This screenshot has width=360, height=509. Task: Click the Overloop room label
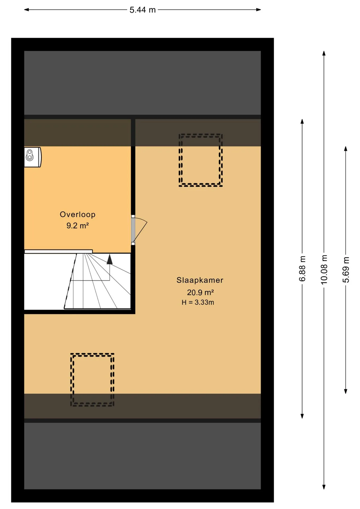pos(77,214)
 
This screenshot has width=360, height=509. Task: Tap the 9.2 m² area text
pos(77,226)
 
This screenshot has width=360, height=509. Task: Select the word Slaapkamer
pos(200,280)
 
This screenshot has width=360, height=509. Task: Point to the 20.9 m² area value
pos(200,292)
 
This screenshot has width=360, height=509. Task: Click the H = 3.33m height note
pos(198,302)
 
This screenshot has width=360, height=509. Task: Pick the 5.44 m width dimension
pos(143,10)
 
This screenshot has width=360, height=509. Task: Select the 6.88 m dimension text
pos(302,269)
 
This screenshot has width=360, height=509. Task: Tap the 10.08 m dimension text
pos(324,270)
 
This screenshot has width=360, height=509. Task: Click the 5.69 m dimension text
pos(346,270)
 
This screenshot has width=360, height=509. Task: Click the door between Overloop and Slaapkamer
pos(138,230)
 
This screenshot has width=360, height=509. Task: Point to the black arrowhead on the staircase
pos(109,260)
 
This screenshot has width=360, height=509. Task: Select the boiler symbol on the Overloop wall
pos(33,157)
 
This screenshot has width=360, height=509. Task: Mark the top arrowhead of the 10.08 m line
pos(324,53)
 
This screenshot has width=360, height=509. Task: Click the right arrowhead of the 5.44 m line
pos(259,10)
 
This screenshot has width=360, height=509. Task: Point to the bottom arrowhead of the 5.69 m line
pos(346,391)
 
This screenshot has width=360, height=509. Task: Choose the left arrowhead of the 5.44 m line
pos(27,10)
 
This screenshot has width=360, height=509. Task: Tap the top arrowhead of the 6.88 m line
pos(302,121)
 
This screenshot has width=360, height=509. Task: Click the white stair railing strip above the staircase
pos(59,251)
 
